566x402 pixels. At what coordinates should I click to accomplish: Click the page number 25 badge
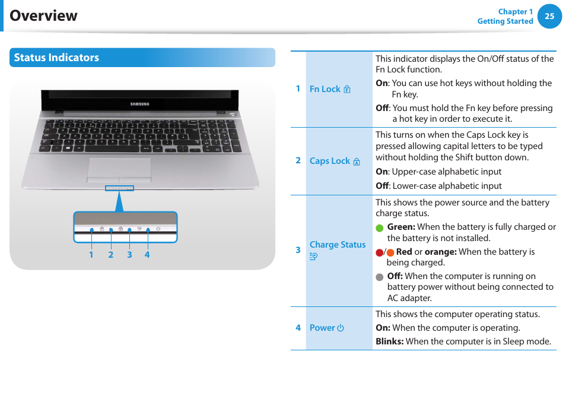549,17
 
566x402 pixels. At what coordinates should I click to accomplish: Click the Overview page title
44,15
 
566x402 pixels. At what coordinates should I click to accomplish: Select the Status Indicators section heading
56,58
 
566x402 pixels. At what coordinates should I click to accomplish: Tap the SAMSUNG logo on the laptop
140,104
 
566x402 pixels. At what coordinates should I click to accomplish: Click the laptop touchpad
119,169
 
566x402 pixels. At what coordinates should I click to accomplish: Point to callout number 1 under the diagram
91,255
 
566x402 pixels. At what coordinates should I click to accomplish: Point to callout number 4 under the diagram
147,255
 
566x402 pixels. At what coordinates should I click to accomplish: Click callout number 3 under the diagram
129,255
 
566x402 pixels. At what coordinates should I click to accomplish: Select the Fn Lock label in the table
325,89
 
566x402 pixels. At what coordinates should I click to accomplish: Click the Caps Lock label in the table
330,161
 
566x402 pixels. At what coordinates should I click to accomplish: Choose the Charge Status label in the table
338,245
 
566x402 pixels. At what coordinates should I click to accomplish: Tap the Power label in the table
322,328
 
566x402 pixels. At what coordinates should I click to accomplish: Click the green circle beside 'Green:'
380,228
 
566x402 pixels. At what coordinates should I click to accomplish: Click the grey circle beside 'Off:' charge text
380,277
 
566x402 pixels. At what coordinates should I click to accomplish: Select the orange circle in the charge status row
390,252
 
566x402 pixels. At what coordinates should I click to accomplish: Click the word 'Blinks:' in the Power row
389,341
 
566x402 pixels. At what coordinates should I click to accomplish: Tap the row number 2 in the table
298,160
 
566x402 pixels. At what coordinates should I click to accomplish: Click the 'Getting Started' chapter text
505,21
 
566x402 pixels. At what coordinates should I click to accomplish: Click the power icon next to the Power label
341,328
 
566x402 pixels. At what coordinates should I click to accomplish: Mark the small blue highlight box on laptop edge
119,189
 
